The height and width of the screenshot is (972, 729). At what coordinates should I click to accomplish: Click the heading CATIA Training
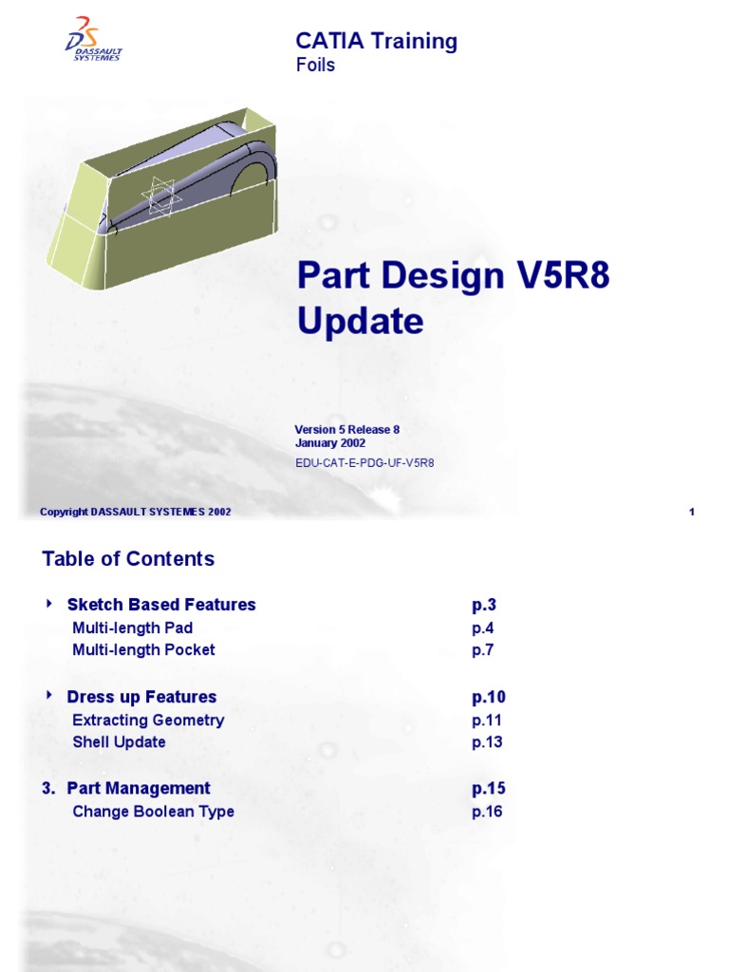pyautogui.click(x=376, y=41)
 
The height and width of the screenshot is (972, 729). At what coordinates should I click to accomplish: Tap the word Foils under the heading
pyautogui.click(x=315, y=65)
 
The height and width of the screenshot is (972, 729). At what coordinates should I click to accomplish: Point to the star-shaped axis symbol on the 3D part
pyautogui.click(x=161, y=196)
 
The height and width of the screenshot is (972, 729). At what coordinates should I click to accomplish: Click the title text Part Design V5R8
pyautogui.click(x=453, y=276)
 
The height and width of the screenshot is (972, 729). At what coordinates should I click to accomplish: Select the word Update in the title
pyautogui.click(x=360, y=322)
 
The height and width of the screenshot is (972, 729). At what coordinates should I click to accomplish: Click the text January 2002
pyautogui.click(x=329, y=443)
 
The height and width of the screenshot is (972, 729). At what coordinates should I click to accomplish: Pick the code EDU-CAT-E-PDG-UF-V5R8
pyautogui.click(x=364, y=463)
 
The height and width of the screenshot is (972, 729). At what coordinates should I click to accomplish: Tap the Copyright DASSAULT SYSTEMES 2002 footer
pyautogui.click(x=135, y=513)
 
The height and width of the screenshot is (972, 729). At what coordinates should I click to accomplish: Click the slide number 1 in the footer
pyautogui.click(x=692, y=513)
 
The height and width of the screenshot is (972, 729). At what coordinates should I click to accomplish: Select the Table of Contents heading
pyautogui.click(x=128, y=559)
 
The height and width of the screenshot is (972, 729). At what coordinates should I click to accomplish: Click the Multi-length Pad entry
pyautogui.click(x=132, y=627)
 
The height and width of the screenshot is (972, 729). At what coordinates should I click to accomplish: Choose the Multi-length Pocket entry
pyautogui.click(x=143, y=650)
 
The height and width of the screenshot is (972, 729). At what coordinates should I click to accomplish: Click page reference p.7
pyautogui.click(x=482, y=650)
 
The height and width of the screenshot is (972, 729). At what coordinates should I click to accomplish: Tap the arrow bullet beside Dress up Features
pyautogui.click(x=49, y=696)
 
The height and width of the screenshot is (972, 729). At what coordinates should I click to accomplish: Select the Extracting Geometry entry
pyautogui.click(x=148, y=720)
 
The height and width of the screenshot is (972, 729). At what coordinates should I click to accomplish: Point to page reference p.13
pyautogui.click(x=486, y=742)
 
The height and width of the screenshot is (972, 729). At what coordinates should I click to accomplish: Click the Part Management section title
pyautogui.click(x=139, y=789)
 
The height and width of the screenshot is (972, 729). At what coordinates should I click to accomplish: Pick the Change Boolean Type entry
pyautogui.click(x=153, y=812)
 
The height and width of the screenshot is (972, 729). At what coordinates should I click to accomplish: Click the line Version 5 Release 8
pyautogui.click(x=346, y=430)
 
